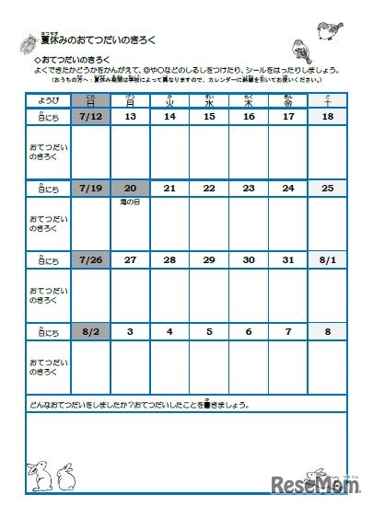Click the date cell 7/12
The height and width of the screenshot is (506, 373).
click(x=90, y=117)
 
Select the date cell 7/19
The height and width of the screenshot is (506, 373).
click(x=90, y=188)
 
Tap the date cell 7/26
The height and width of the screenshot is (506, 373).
click(x=90, y=259)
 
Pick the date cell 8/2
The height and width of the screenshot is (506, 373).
click(x=90, y=330)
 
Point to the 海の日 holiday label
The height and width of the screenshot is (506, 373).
click(x=130, y=200)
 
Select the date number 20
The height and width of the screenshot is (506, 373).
click(x=130, y=188)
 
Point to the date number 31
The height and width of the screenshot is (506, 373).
click(x=288, y=259)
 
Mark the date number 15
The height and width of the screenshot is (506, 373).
click(x=209, y=117)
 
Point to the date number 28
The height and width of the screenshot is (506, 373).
click(x=169, y=259)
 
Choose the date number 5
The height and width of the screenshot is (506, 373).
click(x=209, y=330)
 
